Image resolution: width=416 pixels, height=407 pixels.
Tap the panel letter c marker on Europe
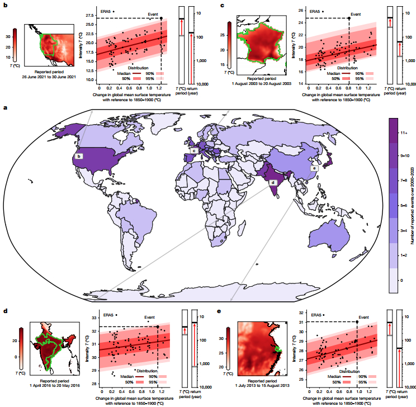point(193,150)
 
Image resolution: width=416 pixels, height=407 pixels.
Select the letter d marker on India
point(273,182)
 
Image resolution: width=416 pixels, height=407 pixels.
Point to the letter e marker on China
point(314,168)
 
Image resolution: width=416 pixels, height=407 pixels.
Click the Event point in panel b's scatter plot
point(161,18)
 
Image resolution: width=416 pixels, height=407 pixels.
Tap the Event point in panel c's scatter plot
point(349,18)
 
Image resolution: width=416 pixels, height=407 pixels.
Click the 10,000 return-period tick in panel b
point(198,84)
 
